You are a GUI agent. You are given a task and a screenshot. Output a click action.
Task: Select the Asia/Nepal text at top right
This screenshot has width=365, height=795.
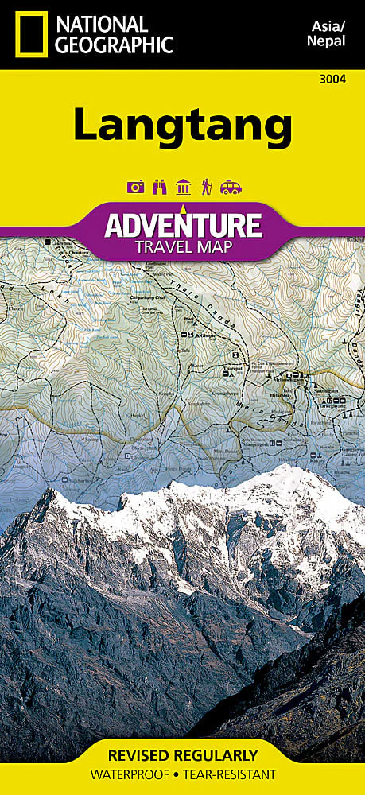(x=326, y=34)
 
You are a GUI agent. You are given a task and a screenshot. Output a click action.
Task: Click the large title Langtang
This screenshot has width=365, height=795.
(x=183, y=125)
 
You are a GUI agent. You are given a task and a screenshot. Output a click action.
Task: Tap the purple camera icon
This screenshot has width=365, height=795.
(x=134, y=188)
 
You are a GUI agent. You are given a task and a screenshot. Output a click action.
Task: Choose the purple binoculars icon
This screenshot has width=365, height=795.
(x=158, y=188)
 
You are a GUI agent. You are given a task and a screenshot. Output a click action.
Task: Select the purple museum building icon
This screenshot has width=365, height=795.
(x=183, y=188)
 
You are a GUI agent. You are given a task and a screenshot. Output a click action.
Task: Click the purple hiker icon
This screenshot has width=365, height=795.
(x=206, y=188)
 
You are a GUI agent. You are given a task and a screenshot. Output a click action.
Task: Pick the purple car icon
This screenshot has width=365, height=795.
(x=231, y=188)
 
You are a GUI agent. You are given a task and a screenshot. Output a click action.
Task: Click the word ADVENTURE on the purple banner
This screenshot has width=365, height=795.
(x=183, y=225)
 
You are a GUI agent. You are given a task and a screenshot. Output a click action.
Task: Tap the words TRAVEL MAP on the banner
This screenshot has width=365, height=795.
(x=183, y=246)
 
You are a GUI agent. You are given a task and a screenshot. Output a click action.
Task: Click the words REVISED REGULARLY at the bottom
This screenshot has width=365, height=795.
(x=183, y=754)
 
